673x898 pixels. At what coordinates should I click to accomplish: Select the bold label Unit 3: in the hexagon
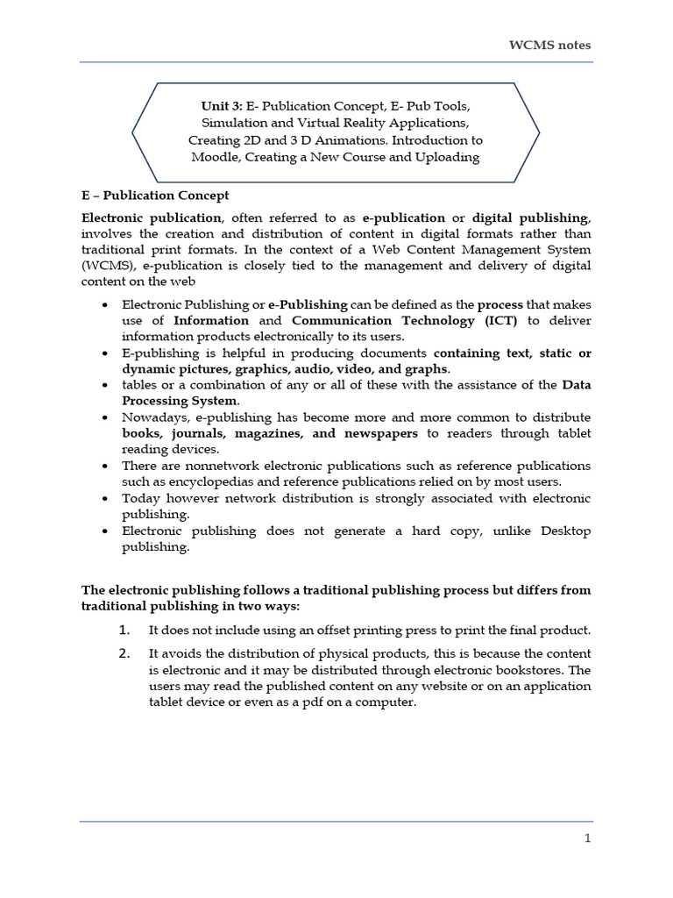[223, 105]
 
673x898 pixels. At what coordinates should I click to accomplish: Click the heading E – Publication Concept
[154, 195]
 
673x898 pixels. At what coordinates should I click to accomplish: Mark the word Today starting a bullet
[140, 498]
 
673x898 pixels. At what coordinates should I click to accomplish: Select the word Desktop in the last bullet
[559, 531]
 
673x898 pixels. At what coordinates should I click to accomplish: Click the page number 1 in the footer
[588, 838]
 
